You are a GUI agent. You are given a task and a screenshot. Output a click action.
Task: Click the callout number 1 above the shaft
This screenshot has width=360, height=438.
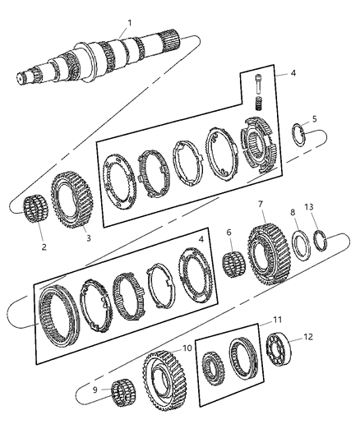coord(129,23)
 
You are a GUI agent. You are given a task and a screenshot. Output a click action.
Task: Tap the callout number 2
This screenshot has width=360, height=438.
coord(44,247)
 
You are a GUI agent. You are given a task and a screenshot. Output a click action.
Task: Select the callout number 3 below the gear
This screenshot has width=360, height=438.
coord(89,238)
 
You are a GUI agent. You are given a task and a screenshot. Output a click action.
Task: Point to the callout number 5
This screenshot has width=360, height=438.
coord(315,119)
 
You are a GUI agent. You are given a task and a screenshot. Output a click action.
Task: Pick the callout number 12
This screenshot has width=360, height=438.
coord(307,337)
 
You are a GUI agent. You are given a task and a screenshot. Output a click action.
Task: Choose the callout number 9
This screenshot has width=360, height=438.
coord(95,390)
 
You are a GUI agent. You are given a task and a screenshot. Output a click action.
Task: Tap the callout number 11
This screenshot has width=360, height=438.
coord(277,320)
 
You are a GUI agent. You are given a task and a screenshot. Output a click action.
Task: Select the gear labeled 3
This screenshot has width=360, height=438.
coord(72,200)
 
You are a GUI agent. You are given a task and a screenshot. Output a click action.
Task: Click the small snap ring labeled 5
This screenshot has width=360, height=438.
coord(298,135)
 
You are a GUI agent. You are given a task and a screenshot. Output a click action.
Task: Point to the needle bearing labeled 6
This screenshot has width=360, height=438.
coord(234,264)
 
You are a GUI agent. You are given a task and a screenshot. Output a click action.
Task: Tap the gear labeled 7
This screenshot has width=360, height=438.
coord(269,254)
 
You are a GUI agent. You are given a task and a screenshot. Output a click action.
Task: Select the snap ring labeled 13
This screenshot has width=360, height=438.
coord(321,240)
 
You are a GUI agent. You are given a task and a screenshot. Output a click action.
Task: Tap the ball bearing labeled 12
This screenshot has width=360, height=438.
coord(279,348)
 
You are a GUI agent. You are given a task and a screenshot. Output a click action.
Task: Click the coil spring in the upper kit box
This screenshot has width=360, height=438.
coord(259,103)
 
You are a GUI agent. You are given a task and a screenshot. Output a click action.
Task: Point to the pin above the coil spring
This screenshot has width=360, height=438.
coord(258,83)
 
